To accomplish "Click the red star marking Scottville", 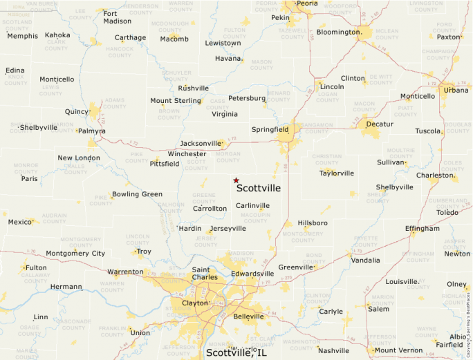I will point(236,180).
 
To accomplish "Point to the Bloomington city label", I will point(339,32).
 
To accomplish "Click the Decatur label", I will point(380,124).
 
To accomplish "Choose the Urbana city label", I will point(456,90).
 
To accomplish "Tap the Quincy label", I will point(77,111).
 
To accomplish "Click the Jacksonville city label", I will point(201,143).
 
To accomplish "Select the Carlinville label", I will point(252,205).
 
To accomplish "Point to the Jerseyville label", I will point(228,228).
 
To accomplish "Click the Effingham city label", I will point(423,228).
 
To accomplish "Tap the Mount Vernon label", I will point(398,350).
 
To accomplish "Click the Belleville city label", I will point(249,316).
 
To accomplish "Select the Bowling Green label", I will point(138,194).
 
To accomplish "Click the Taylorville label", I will point(337,173).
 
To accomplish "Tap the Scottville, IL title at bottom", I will point(236,353).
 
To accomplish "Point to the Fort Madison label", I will point(117,17).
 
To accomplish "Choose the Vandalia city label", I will point(366,260).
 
